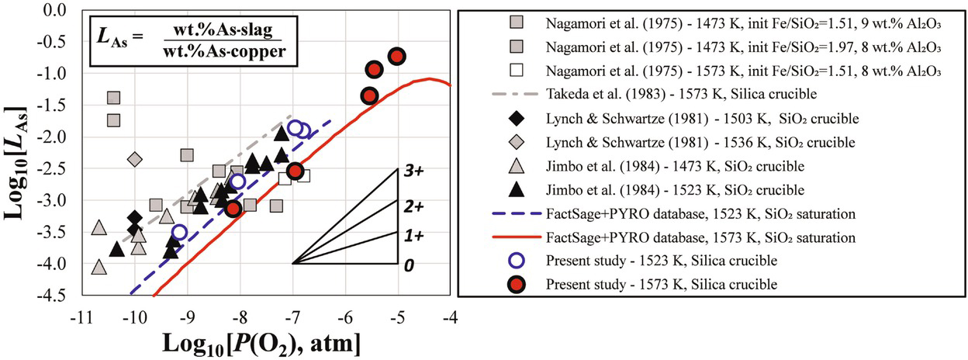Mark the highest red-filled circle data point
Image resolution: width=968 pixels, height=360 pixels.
point(397,56)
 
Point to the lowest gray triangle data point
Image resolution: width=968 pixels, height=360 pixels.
point(99,267)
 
